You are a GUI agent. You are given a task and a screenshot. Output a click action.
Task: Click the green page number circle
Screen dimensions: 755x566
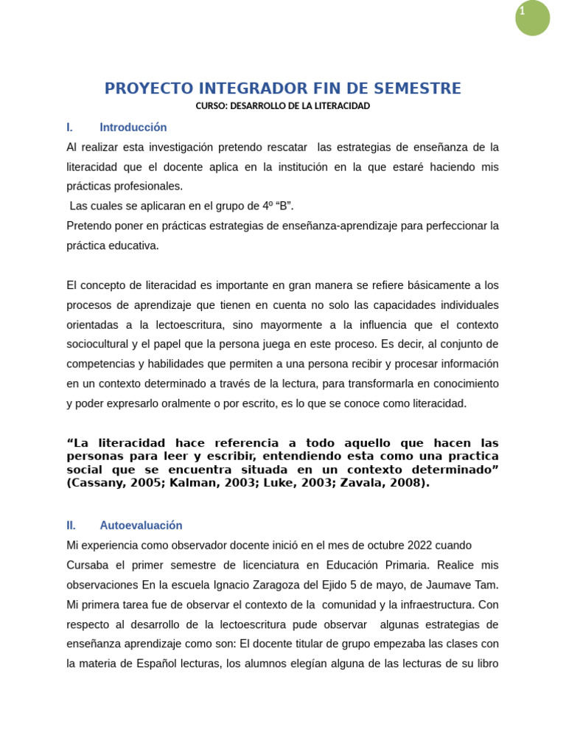tap(532, 18)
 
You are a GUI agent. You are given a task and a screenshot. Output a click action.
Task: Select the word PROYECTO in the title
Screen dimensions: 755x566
tap(146, 89)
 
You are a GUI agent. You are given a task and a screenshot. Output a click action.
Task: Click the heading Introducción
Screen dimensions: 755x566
tap(133, 128)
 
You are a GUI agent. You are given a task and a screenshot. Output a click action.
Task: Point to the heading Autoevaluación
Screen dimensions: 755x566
tap(141, 526)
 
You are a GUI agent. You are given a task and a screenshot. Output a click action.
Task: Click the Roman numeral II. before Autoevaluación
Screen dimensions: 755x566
tap(71, 526)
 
